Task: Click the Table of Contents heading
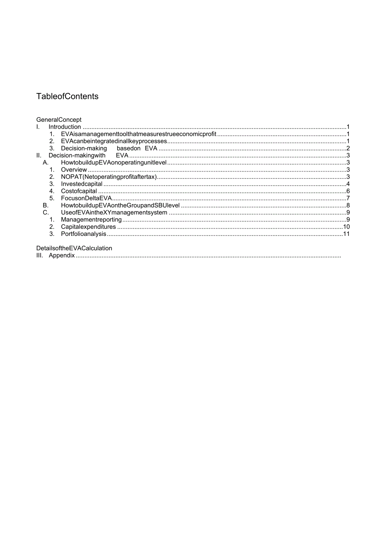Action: pos(67,96)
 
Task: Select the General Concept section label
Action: pos(59,120)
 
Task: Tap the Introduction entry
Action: pos(65,127)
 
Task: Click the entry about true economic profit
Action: pos(138,134)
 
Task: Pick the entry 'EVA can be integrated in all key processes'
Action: pos(114,141)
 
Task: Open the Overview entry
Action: pos(74,170)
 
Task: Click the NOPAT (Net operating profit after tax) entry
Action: pos(109,177)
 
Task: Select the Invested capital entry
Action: pos(82,184)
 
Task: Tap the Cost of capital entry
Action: pos(79,191)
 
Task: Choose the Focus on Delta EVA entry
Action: pos(86,198)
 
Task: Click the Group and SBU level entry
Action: pos(120,205)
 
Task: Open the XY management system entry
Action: pos(114,213)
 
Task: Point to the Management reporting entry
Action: pos(91,220)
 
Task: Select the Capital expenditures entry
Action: pos(88,227)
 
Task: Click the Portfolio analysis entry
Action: pos(83,234)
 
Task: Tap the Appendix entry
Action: pos(62,256)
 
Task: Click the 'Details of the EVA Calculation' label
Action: pos(74,248)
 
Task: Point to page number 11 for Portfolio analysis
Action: pos(346,234)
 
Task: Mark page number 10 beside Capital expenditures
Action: pos(346,227)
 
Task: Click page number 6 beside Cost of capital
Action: pos(348,191)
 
